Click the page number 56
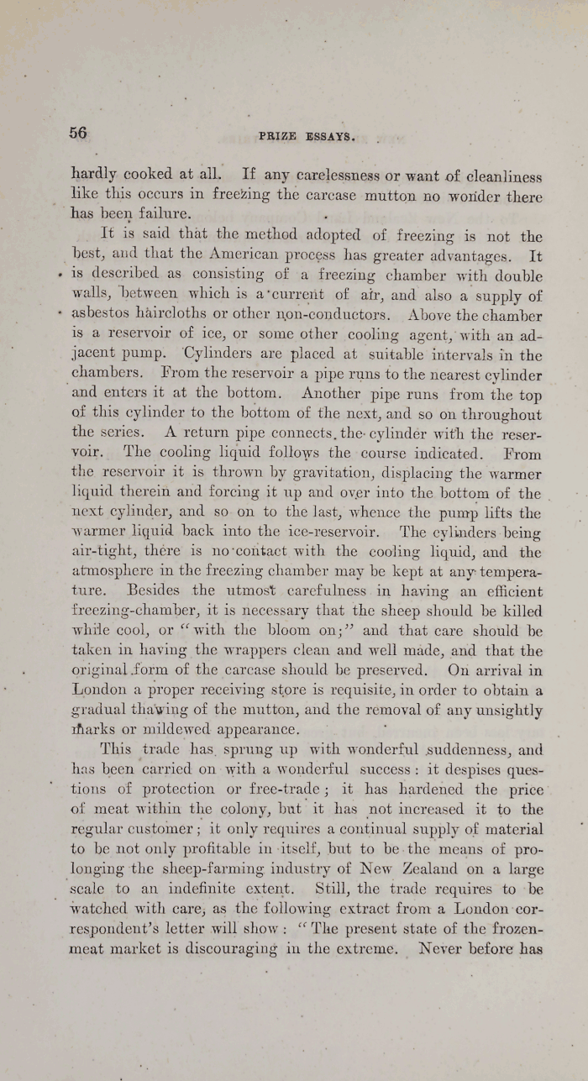pos(78,133)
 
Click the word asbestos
pos(101,317)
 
